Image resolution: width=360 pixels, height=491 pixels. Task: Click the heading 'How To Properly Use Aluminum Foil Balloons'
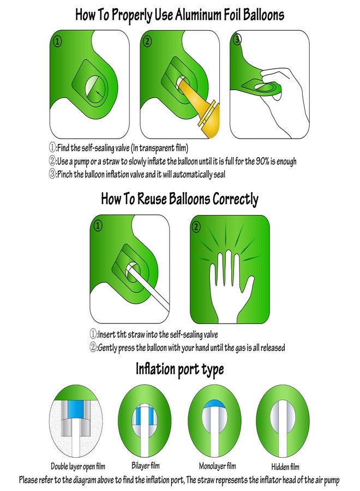(179, 15)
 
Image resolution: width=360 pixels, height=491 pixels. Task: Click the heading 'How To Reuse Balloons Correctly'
(179, 199)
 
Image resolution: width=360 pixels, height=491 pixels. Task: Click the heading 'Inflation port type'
(179, 369)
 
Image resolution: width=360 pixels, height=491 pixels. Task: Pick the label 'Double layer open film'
(78, 466)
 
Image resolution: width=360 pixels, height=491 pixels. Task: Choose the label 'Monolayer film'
(218, 466)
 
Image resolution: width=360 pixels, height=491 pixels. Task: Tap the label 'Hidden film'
(285, 467)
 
